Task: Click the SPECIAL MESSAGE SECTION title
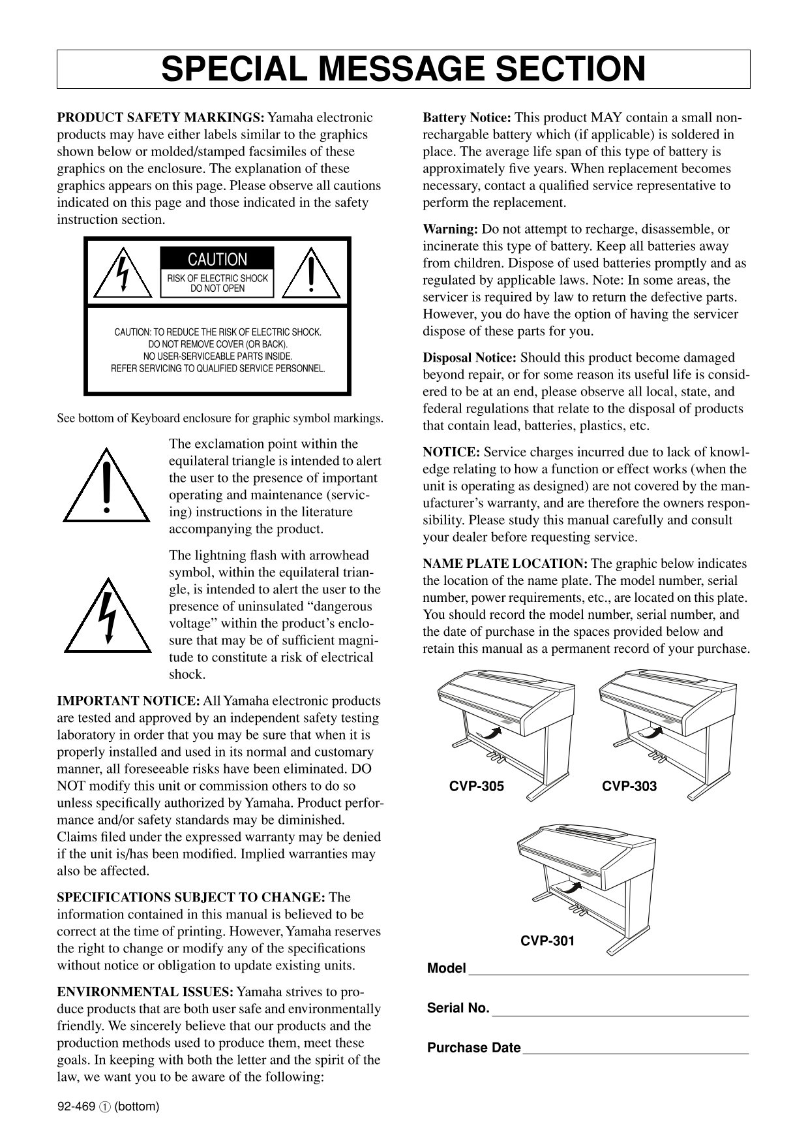click(403, 69)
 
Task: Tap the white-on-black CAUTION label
click(217, 259)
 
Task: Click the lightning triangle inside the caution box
click(121, 275)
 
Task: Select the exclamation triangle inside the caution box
click(314, 275)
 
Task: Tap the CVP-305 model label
click(476, 786)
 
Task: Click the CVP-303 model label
click(629, 786)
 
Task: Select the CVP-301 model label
click(547, 941)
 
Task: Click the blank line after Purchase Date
click(635, 1051)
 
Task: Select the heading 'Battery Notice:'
click(467, 118)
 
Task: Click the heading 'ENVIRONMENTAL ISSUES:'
click(145, 992)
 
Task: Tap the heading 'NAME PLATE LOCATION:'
click(505, 564)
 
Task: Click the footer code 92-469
click(76, 1106)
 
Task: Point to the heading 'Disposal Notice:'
click(470, 358)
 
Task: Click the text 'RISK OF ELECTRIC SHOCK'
click(217, 279)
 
